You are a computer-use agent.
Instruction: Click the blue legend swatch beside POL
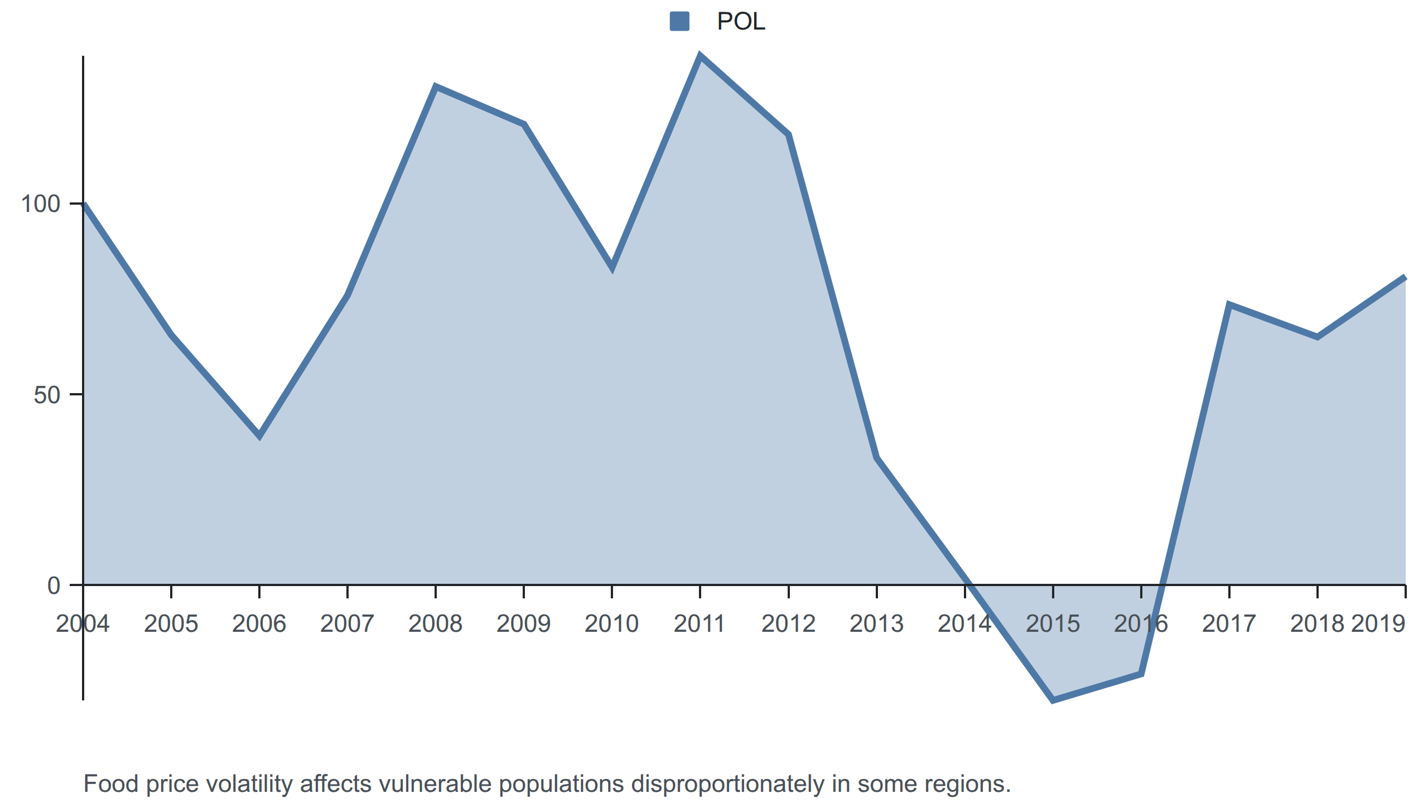tap(679, 21)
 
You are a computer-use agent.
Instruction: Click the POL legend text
tap(741, 22)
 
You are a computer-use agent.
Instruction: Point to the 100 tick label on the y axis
tap(40, 204)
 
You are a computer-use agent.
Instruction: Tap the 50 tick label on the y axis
tap(47, 395)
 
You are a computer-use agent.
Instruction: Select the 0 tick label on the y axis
tap(54, 586)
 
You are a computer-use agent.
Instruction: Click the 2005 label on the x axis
tap(171, 623)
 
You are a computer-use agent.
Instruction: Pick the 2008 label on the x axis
tap(435, 623)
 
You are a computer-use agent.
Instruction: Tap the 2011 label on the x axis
tap(699, 623)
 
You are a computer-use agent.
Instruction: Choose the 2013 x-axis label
tap(876, 623)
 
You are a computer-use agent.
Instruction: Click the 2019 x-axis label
tap(1378, 623)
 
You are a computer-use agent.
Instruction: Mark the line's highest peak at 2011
tap(700, 55)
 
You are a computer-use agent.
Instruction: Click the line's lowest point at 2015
tap(1053, 700)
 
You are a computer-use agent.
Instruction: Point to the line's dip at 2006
tap(259, 436)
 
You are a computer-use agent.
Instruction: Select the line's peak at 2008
tap(436, 86)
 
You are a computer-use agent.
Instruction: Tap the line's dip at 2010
tap(612, 268)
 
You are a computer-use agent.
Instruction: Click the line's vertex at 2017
tap(1229, 305)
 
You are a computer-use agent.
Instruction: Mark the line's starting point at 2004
tap(84, 204)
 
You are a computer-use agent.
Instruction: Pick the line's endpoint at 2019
tap(1405, 277)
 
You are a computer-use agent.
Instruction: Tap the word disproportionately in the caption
tap(727, 784)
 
